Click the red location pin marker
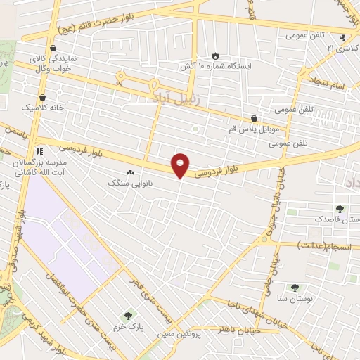coord(181,164)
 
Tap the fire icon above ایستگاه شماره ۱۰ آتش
coord(215,55)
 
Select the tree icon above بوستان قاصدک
coord(340,209)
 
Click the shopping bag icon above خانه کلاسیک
coord(43,97)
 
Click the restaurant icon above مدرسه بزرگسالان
coord(39,150)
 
